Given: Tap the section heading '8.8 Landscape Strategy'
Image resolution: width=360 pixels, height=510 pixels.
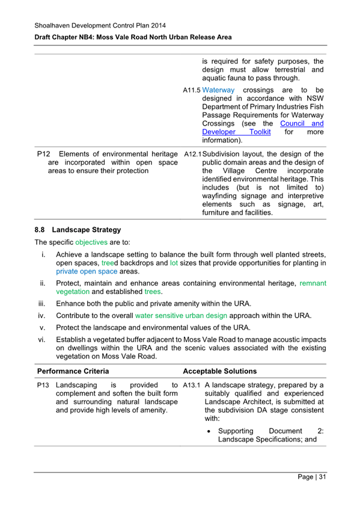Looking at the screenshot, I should click(x=78, y=230).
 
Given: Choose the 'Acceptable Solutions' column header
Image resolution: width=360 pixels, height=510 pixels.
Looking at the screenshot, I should click(x=220, y=371).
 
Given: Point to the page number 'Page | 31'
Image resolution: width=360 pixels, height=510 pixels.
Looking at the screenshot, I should click(x=312, y=478).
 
